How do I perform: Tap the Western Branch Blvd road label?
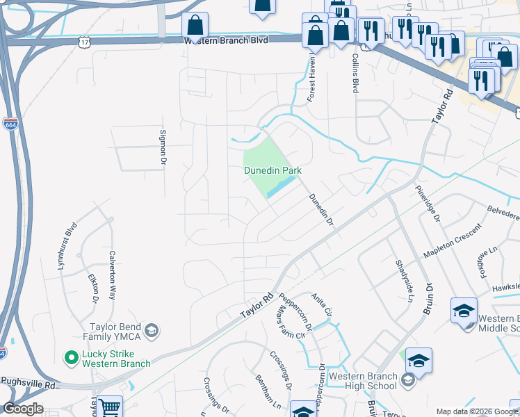(x=226, y=41)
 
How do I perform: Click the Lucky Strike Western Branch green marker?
(x=70, y=358)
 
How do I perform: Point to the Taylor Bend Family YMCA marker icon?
(x=153, y=329)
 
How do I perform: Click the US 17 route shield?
(x=84, y=43)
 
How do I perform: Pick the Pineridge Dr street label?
(x=428, y=203)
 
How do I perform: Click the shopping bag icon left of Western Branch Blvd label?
(x=195, y=26)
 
